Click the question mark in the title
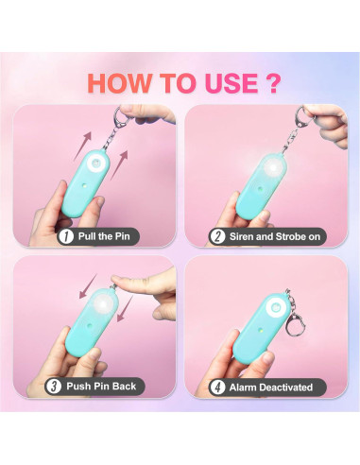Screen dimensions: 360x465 [270, 83]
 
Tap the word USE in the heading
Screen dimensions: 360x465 [231, 83]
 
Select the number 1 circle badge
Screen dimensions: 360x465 [66, 236]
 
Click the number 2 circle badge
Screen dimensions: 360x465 [217, 236]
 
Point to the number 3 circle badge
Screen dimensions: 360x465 [54, 387]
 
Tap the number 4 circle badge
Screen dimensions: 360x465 [217, 387]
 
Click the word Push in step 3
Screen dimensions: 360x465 [78, 386]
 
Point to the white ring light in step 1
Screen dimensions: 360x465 [95, 164]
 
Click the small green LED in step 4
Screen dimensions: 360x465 [261, 331]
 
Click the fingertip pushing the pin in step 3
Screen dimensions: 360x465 [117, 280]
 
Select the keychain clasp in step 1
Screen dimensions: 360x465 [117, 117]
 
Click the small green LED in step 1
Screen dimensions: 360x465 [85, 186]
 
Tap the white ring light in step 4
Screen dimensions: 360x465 [275, 307]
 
